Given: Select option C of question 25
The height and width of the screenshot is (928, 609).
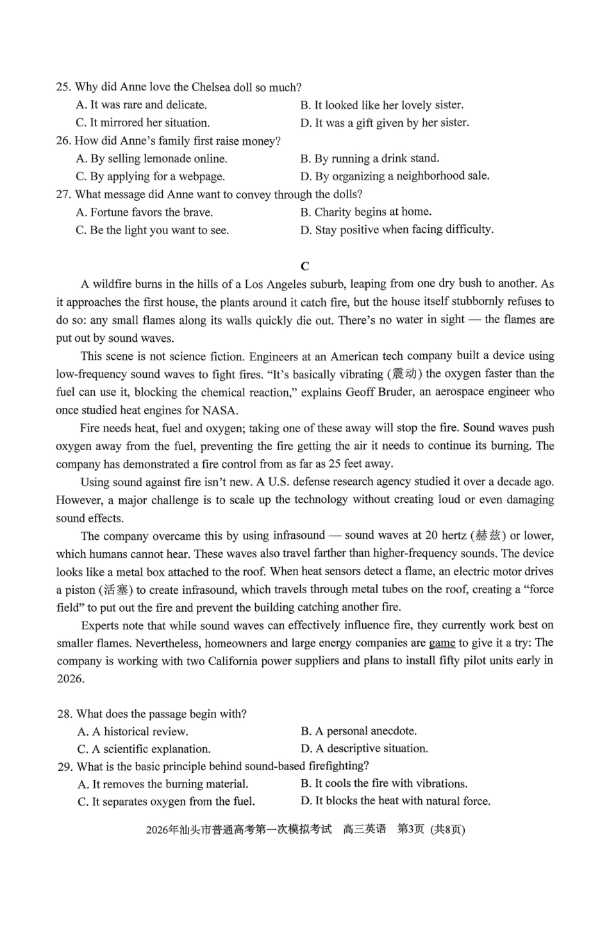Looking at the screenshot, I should coord(142,122).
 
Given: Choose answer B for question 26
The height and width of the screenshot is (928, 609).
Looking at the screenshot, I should coord(369,158).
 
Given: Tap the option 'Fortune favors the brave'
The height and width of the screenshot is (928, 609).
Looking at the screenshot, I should coord(144,212).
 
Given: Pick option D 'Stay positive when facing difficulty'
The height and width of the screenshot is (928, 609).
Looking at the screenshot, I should coord(397,230).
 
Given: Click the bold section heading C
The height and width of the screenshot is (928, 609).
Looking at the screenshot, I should coord(304,266).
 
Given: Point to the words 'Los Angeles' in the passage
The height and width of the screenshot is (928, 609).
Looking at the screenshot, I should coord(275,284).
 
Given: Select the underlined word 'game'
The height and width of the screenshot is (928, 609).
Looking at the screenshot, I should coord(442,643).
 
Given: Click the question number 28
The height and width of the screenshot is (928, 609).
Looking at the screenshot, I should coord(64,714).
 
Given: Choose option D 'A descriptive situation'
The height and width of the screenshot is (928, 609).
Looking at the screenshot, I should coord(364,748).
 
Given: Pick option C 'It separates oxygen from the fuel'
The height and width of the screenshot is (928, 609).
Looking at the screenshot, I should coord(166,802).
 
